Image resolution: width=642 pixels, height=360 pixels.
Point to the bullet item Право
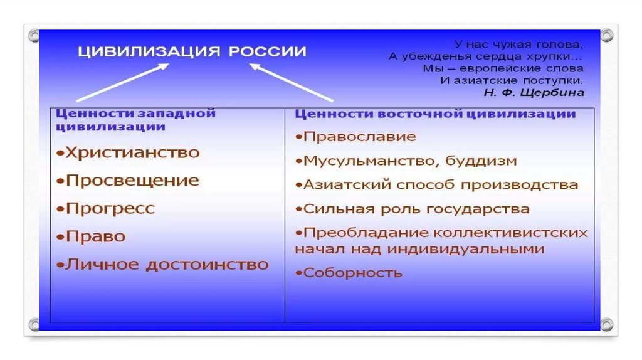[x=91, y=236]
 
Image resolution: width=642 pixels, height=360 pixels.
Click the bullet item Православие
[x=355, y=137]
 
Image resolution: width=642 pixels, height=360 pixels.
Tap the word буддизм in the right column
[x=481, y=161]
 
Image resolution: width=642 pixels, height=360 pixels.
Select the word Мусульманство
[x=371, y=161]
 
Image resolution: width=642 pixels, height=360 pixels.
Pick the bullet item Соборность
[x=349, y=273]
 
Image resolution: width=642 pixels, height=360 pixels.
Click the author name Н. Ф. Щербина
[x=534, y=92]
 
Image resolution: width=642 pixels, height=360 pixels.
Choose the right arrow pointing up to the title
[x=292, y=83]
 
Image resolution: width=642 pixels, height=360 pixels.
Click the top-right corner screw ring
[x=606, y=35]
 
